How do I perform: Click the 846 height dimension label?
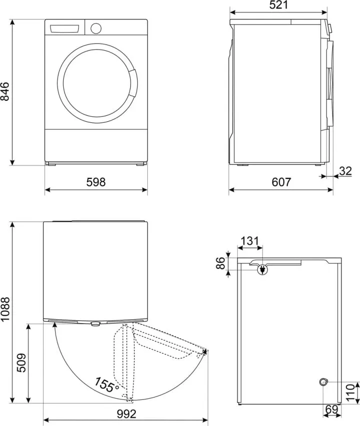click(5, 91)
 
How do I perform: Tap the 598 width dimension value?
click(96, 182)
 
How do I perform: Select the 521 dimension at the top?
click(278, 5)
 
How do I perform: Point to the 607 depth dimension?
click(281, 182)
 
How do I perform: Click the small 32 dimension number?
click(345, 171)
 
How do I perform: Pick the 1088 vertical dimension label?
click(5, 309)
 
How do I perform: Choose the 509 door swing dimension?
click(21, 363)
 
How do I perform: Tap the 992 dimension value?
click(127, 414)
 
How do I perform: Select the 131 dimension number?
click(250, 241)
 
